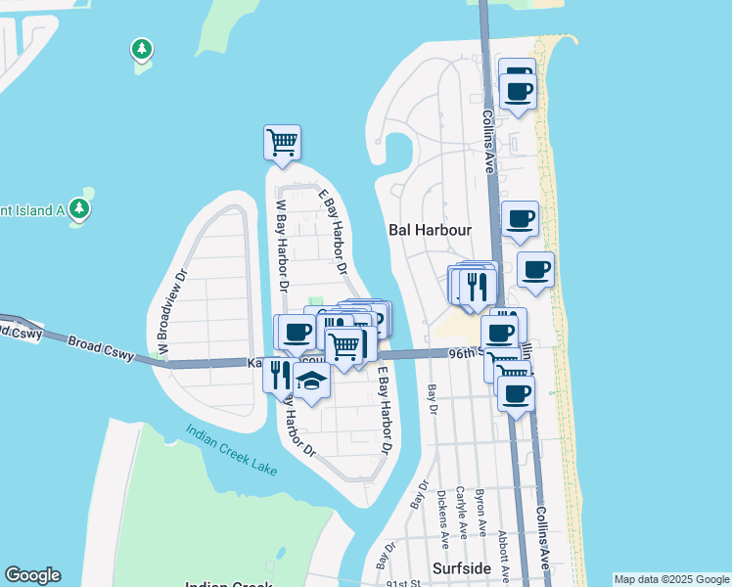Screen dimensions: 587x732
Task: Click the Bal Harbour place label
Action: pos(431,230)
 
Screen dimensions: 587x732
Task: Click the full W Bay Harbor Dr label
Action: pos(281,246)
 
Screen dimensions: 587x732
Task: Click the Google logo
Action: pos(32,575)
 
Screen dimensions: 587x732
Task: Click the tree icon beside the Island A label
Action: pos(80,208)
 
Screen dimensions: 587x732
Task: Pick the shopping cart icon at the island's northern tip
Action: pos(282,142)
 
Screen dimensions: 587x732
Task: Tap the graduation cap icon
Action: pos(311,381)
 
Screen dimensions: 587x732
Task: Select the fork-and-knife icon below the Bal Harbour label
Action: pos(477,285)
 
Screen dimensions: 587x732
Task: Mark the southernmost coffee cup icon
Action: pos(516,393)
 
